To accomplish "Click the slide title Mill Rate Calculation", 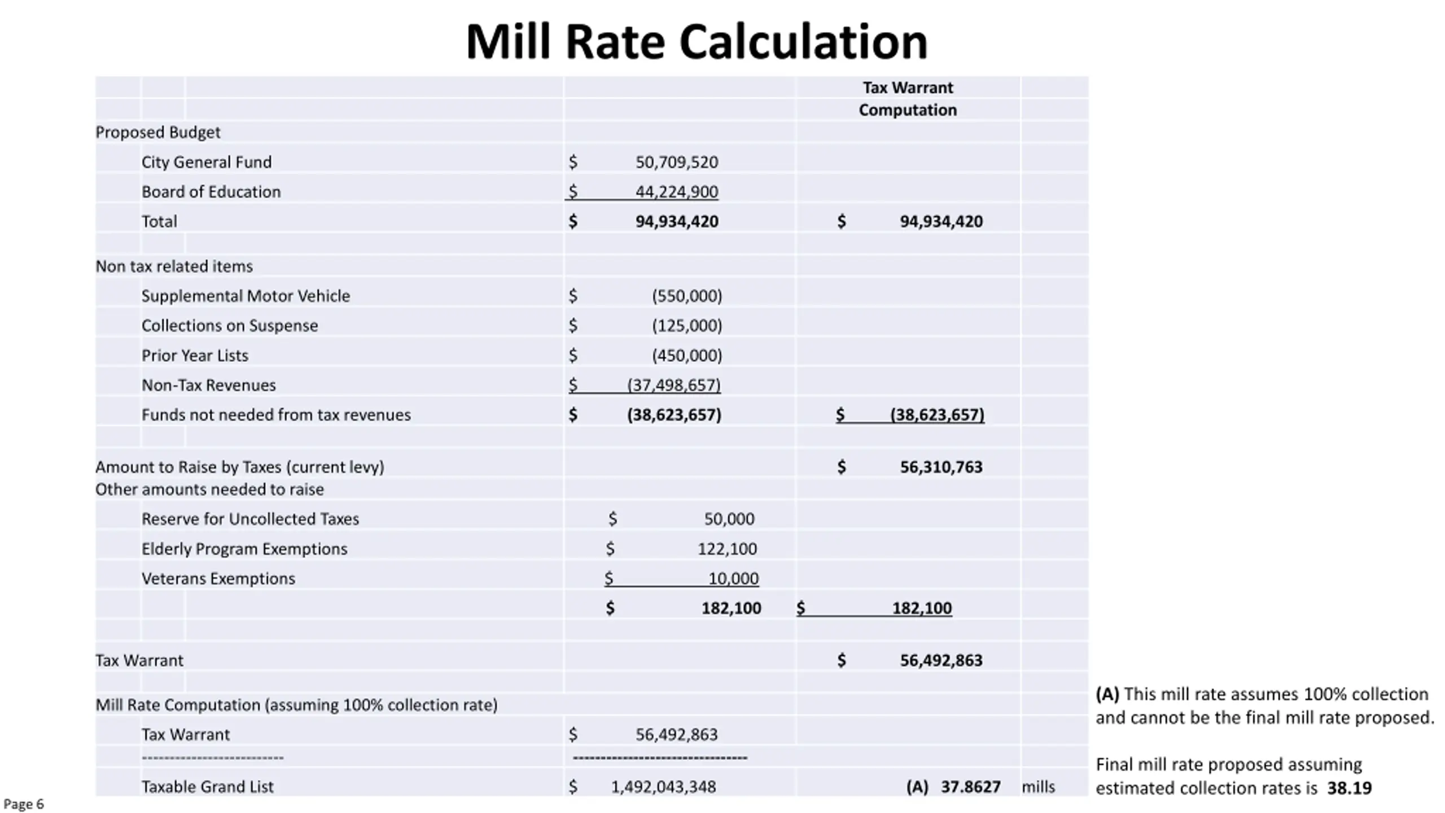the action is click(x=697, y=42).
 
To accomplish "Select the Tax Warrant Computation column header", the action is click(x=908, y=99).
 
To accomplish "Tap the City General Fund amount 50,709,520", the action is click(x=677, y=163).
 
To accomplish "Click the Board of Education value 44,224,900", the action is click(x=677, y=192).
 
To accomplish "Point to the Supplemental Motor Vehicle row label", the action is click(x=246, y=296).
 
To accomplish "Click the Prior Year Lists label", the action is click(x=195, y=356).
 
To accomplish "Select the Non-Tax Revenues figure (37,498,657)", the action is click(x=674, y=385).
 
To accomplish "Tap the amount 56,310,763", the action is click(x=941, y=467).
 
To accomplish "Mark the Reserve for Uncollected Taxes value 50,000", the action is click(x=729, y=519).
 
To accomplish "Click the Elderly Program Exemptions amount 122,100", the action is click(x=727, y=549).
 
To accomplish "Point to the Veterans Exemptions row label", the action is click(x=218, y=579).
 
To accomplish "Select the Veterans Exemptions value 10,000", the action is click(x=733, y=579).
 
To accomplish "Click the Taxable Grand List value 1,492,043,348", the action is click(x=663, y=787).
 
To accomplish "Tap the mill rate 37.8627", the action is click(x=970, y=787).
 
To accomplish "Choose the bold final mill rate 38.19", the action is click(x=1349, y=788).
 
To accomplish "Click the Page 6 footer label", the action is click(x=24, y=805).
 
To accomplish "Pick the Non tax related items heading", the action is click(x=174, y=266).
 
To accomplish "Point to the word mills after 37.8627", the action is click(x=1038, y=787).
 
